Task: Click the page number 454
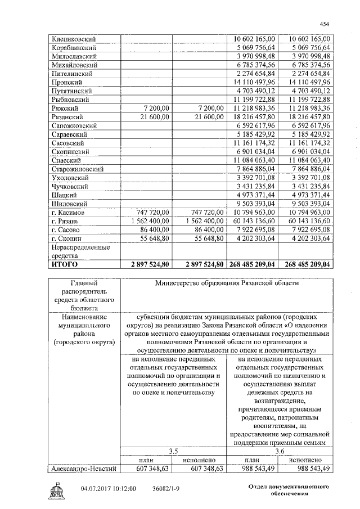[x=325, y=24]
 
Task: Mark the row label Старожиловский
[x=76, y=168]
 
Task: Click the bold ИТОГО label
[x=64, y=264]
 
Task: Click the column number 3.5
[x=173, y=451]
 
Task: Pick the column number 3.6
[x=280, y=451]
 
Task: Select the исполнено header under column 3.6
[x=307, y=460]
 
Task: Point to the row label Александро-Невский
[x=83, y=468]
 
